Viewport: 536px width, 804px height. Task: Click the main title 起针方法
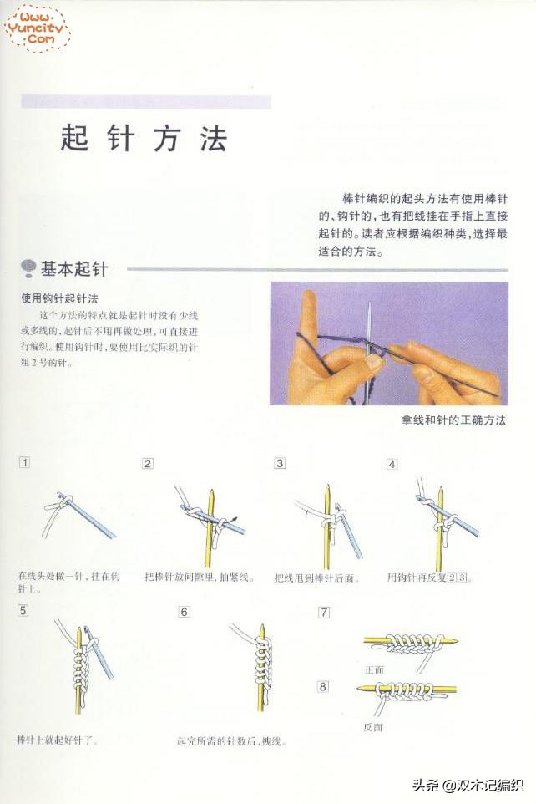click(x=144, y=139)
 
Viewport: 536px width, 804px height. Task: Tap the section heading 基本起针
click(x=73, y=268)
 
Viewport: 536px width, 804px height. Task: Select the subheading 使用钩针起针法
click(x=60, y=298)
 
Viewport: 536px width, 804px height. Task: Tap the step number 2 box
click(x=147, y=463)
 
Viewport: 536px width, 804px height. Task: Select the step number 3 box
click(x=280, y=463)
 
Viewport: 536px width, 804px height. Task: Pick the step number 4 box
click(x=392, y=463)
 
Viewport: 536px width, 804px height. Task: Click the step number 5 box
click(x=23, y=610)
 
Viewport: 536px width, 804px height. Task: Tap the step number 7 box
click(x=324, y=613)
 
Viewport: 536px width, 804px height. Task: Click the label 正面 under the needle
click(x=374, y=669)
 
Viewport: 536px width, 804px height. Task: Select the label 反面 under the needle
click(x=372, y=727)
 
